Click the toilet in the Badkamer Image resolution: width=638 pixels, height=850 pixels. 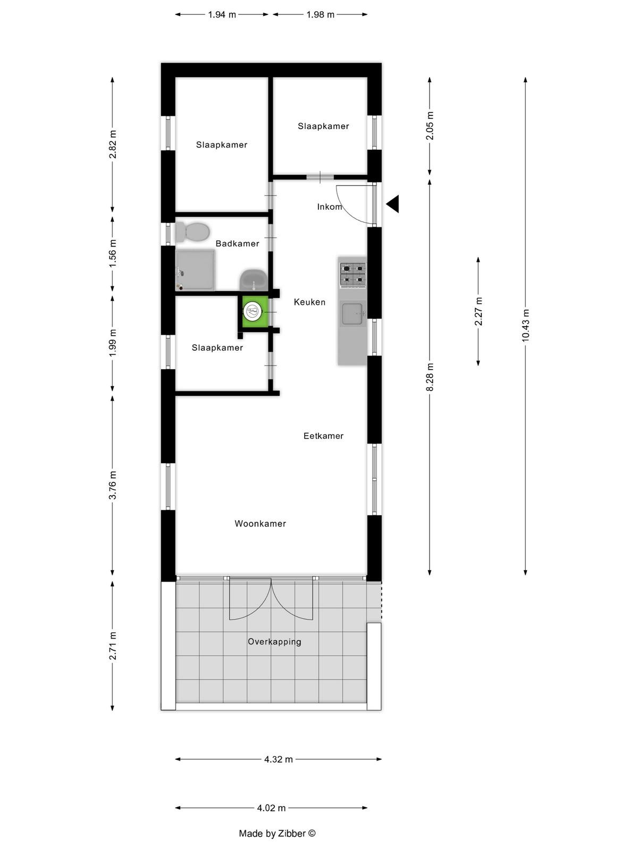pyautogui.click(x=192, y=232)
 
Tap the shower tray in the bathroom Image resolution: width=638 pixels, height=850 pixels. pyautogui.click(x=195, y=270)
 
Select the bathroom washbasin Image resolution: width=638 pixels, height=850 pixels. pyautogui.click(x=254, y=279)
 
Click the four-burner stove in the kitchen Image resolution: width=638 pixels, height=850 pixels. pyautogui.click(x=352, y=275)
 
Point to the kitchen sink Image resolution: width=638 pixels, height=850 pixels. pyautogui.click(x=352, y=313)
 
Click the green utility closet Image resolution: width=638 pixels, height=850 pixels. pyautogui.click(x=255, y=311)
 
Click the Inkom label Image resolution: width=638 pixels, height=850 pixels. pyautogui.click(x=330, y=207)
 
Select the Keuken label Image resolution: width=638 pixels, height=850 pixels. pyautogui.click(x=309, y=302)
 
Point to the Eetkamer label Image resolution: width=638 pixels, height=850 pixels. pyautogui.click(x=323, y=436)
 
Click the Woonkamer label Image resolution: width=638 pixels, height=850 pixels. pyautogui.click(x=261, y=524)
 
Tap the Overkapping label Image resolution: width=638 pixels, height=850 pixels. pyautogui.click(x=275, y=642)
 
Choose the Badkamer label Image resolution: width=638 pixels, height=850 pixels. pyautogui.click(x=238, y=243)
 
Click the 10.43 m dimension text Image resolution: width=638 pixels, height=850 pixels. pyautogui.click(x=525, y=325)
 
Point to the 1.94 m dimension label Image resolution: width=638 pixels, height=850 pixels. pyautogui.click(x=222, y=15)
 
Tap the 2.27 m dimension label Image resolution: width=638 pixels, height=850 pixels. pyautogui.click(x=478, y=311)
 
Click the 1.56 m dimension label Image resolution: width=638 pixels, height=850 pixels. pyautogui.click(x=112, y=253)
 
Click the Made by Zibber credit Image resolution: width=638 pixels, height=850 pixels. pyautogui.click(x=278, y=834)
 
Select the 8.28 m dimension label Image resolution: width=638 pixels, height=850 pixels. pyautogui.click(x=430, y=377)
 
